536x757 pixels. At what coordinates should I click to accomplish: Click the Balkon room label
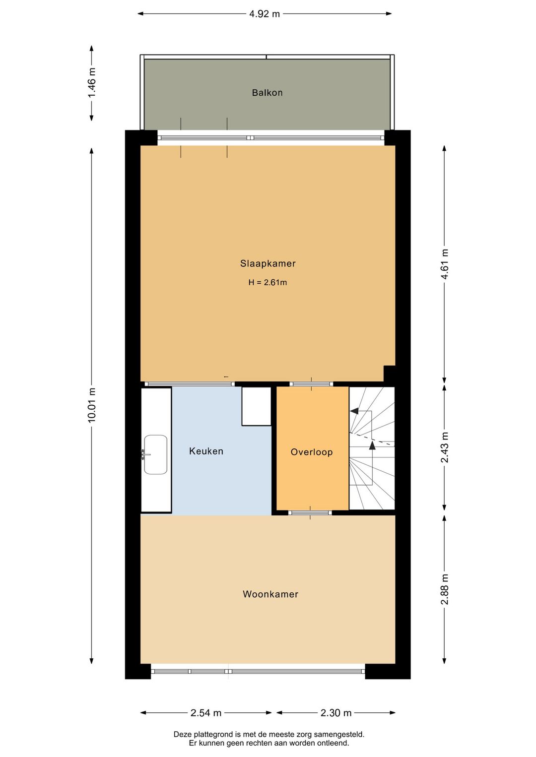click(267, 93)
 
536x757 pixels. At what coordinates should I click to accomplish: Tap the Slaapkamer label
click(268, 263)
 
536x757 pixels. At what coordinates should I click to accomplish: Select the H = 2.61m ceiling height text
click(268, 282)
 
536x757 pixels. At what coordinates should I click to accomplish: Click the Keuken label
click(206, 451)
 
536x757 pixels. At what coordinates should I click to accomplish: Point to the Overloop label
click(311, 452)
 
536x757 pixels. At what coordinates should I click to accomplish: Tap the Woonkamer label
click(270, 594)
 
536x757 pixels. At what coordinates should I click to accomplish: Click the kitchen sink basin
click(155, 454)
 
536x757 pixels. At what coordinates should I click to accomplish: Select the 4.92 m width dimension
click(264, 14)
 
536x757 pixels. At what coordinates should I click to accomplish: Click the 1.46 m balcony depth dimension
click(92, 82)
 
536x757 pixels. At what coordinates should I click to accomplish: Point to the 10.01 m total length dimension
click(92, 405)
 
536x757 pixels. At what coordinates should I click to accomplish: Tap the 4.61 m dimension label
click(445, 264)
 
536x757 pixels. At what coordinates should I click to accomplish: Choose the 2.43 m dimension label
click(445, 447)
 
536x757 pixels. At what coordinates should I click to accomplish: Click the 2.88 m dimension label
click(445, 589)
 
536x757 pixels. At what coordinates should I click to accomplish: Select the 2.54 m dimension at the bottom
click(205, 713)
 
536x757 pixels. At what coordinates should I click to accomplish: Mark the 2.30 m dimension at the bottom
click(335, 713)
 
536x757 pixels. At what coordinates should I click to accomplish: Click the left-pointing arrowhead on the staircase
click(354, 411)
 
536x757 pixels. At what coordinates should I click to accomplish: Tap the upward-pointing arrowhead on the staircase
click(372, 445)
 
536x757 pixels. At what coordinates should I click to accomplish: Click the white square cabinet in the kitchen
click(257, 406)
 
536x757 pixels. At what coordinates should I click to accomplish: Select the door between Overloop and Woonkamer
click(310, 512)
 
